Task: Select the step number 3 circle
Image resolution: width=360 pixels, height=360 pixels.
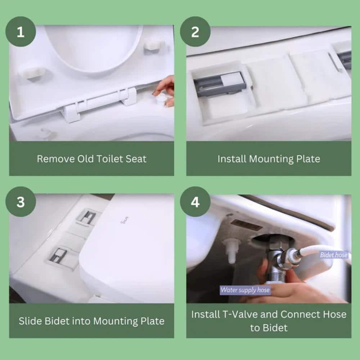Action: (21, 202)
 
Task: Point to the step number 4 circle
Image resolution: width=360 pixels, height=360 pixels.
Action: (195, 202)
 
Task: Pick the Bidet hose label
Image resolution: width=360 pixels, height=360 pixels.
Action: (334, 255)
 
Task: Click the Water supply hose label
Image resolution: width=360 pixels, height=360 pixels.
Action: (245, 289)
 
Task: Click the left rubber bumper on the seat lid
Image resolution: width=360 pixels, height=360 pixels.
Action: (33, 72)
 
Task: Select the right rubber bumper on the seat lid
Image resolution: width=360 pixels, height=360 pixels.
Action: (154, 45)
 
